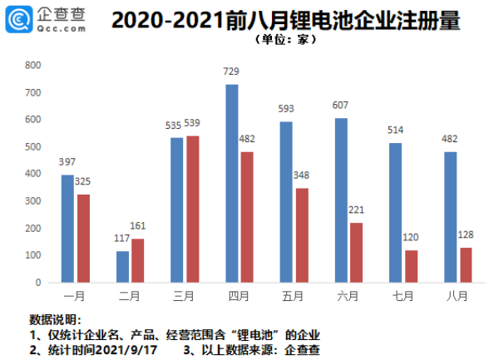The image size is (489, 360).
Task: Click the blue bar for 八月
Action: (x=452, y=216)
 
